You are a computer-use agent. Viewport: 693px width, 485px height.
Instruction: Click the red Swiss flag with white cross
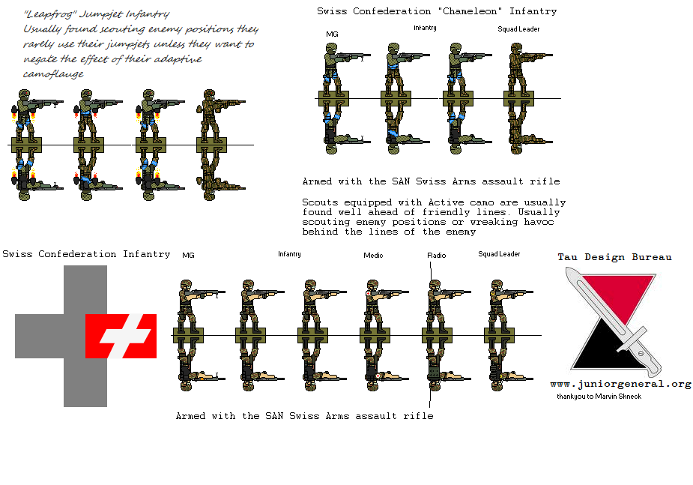[121, 336]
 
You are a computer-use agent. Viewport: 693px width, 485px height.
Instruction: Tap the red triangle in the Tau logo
[620, 295]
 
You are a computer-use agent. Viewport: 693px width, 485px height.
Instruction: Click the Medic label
[373, 255]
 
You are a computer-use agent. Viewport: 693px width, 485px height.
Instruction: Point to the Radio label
[436, 255]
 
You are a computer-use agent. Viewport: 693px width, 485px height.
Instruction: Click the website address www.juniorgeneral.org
[620, 384]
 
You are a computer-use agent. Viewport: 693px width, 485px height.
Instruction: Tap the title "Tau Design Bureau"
[614, 257]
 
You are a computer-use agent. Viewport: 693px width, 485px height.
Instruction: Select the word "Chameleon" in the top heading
[469, 11]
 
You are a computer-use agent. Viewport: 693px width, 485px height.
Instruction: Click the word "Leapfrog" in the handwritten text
[49, 14]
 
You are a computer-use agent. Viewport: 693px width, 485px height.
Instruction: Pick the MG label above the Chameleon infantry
[332, 34]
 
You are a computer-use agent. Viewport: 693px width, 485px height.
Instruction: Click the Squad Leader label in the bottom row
[499, 254]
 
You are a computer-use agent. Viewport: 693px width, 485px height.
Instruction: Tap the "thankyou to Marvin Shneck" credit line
[599, 396]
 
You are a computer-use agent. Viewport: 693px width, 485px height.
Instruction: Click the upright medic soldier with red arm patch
[375, 306]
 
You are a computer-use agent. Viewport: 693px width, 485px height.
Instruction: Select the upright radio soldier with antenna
[437, 306]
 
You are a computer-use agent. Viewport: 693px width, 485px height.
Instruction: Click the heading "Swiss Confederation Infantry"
[86, 254]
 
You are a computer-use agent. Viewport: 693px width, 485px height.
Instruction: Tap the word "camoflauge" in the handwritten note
[53, 73]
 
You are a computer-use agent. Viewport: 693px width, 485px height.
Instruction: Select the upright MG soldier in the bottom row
[189, 306]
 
